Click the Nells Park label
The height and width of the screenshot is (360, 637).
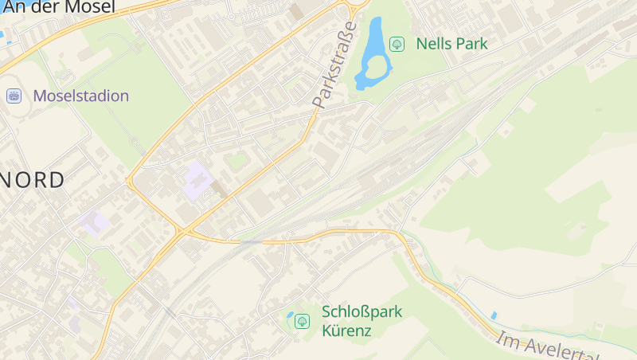tap(451, 44)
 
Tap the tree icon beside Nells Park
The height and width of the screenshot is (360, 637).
tap(396, 44)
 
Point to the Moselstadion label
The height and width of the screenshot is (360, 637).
tap(80, 96)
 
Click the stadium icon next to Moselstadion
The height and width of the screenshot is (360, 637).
tap(14, 96)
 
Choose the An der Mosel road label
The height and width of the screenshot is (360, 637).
tap(59, 7)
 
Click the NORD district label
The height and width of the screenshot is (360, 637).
tap(32, 179)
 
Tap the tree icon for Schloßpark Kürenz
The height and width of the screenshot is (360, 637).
tap(302, 321)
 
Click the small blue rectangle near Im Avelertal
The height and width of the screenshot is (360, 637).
tap(494, 315)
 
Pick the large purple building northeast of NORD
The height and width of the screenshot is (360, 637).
tap(196, 180)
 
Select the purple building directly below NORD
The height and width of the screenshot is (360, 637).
tap(95, 222)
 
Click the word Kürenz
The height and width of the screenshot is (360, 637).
tap(346, 330)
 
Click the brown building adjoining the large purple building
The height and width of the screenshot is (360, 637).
tap(217, 189)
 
